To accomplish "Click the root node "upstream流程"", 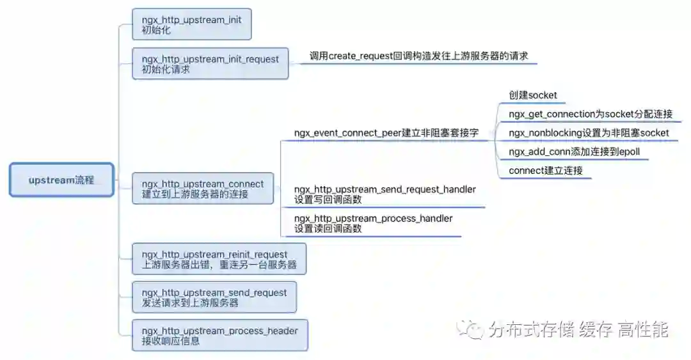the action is click(61, 180).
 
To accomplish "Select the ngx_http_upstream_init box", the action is click(191, 25).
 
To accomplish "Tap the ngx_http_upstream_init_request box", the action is click(210, 63).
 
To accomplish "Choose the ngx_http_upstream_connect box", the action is click(202, 189).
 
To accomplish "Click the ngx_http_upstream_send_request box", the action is click(214, 297).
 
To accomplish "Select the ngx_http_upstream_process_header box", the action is click(219, 335).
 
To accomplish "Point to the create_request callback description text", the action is click(418, 56).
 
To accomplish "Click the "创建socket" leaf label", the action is click(533, 95).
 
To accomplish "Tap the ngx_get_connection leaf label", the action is click(591, 114).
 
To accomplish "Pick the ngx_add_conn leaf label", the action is click(574, 152).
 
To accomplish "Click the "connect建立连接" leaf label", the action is click(546, 171).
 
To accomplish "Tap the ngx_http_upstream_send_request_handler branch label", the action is click(385, 194).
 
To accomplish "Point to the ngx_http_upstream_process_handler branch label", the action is click(373, 223).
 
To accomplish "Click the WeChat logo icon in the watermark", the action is click(474, 329).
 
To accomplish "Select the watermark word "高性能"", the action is click(642, 330).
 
